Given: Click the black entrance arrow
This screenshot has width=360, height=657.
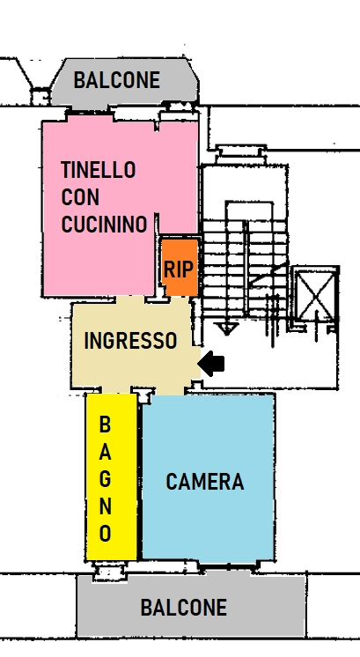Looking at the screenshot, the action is point(211,364).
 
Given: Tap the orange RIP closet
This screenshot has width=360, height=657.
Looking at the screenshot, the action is point(180,267).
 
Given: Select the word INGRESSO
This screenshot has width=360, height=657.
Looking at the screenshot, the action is point(130,341).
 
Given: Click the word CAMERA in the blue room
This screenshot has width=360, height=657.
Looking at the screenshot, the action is point(205,482).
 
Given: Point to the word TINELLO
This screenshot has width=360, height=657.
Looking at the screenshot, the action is point(99,170).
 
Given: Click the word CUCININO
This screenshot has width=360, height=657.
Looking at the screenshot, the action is point(104,225).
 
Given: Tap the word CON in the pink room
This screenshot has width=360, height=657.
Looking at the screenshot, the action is point(80,197).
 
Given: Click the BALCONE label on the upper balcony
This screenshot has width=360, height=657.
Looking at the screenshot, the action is point(117,80).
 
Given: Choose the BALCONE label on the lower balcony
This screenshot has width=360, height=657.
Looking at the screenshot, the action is point(184,608).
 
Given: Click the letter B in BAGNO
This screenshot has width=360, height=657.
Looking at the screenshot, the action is point(105,424).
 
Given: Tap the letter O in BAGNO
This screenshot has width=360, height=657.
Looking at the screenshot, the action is point(105,533).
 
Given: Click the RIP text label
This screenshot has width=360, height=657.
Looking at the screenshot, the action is point(179,269).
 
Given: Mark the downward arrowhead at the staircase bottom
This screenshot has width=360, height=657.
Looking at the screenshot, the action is point(226,329).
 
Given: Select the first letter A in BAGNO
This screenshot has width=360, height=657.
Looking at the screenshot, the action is point(105,452).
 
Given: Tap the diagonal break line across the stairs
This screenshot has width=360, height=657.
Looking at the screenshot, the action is point(268,275).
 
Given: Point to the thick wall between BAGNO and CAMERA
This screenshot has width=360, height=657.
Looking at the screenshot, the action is point(139,476).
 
